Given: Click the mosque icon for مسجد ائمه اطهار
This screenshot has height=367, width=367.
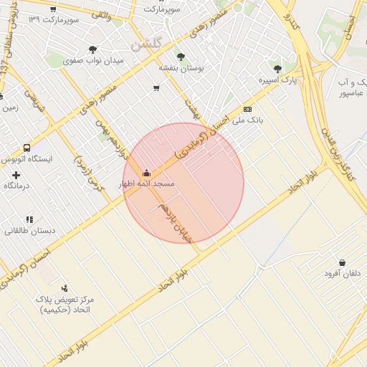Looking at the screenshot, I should pos(147,173).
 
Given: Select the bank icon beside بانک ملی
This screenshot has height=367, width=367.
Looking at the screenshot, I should pos(247,109).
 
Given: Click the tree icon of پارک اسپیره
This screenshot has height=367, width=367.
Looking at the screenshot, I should pos(277,69).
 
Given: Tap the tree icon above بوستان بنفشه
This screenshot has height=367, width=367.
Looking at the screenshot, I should pos(179,56).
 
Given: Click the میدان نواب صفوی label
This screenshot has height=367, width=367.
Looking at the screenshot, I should pos(94,61).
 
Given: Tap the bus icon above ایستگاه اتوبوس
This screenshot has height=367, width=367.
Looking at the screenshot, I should pos(27,148).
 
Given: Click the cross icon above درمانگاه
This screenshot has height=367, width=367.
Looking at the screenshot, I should pos(16,175).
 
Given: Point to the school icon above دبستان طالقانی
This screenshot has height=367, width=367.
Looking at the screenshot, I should pos(29,219).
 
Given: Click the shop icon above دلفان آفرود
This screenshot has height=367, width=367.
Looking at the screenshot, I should pos(342,262).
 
